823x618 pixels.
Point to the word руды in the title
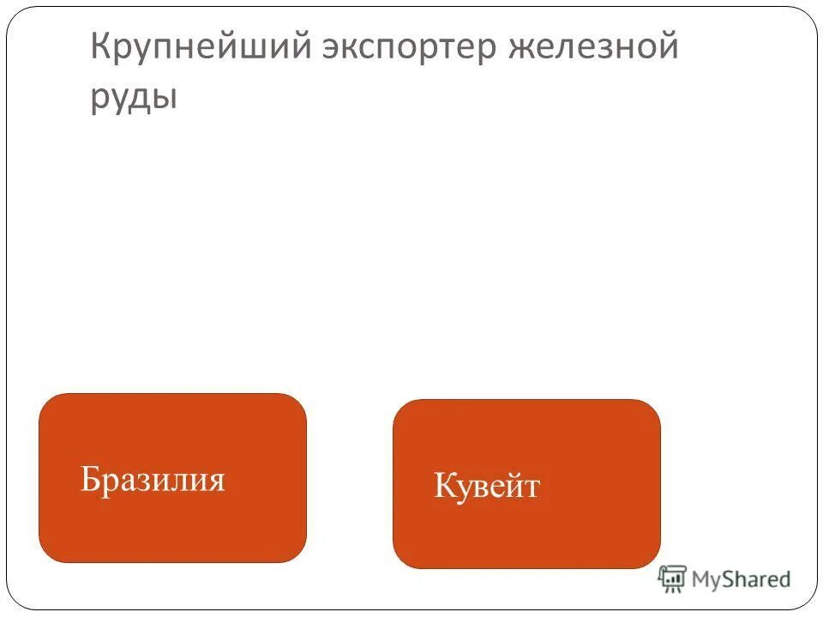134,97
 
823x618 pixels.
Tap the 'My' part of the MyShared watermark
707,580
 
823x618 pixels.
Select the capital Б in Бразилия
89,479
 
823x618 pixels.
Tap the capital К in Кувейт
443,486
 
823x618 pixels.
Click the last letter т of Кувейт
532,488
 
